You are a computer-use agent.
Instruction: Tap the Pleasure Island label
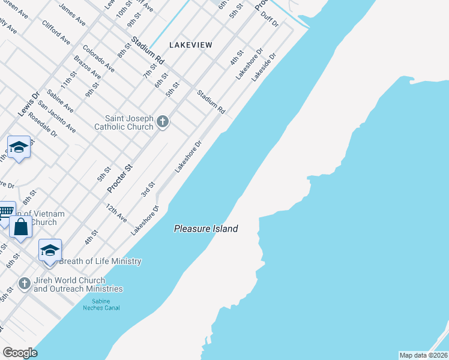pyautogui.click(x=206, y=229)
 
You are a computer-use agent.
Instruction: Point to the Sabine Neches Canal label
pyautogui.click(x=101, y=304)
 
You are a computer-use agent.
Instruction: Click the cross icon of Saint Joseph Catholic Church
pyautogui.click(x=162, y=123)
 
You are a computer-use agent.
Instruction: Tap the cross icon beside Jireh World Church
pyautogui.click(x=25, y=283)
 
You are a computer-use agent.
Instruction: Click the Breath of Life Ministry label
pyautogui.click(x=100, y=261)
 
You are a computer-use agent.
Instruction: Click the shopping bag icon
pyautogui.click(x=20, y=227)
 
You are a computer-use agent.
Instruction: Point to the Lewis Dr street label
pyautogui.click(x=28, y=103)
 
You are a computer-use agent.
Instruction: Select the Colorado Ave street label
pyautogui.click(x=98, y=59)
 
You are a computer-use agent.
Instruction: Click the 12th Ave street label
pyautogui.click(x=116, y=213)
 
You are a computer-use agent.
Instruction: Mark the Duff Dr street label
pyautogui.click(x=270, y=19)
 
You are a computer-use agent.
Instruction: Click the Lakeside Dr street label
pyautogui.click(x=264, y=68)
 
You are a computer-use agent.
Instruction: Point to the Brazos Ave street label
pyautogui.click(x=86, y=67)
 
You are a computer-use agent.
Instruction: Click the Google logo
pyautogui.click(x=19, y=353)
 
